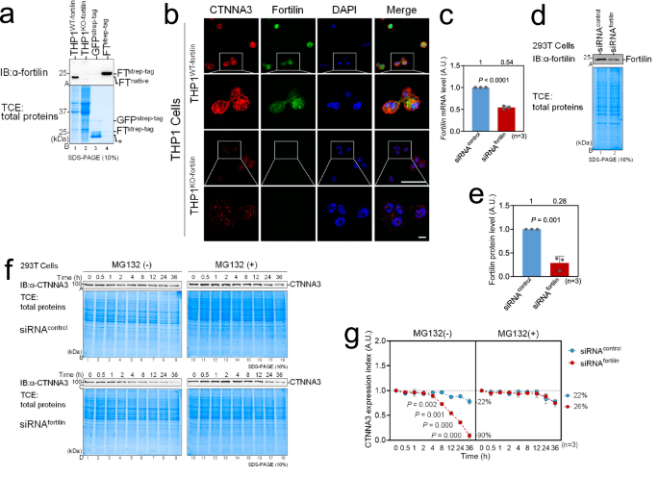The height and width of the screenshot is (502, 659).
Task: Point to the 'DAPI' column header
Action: coord(328,13)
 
